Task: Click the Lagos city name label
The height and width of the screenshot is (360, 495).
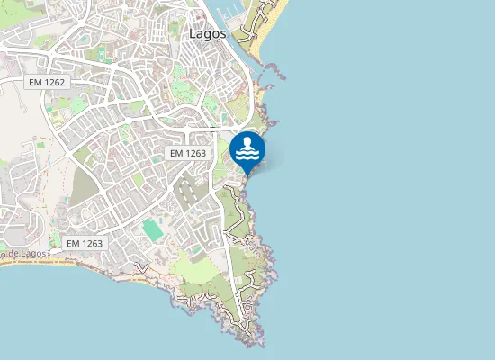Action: tap(208, 33)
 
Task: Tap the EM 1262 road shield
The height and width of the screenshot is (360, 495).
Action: tap(48, 82)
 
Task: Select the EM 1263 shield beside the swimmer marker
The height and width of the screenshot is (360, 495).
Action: tap(188, 153)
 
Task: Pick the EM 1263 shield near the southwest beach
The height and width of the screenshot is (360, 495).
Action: tap(85, 243)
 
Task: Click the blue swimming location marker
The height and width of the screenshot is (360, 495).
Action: tap(247, 149)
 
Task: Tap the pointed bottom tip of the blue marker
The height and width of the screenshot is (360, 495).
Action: tap(247, 174)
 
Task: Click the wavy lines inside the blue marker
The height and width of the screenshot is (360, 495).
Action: tap(247, 156)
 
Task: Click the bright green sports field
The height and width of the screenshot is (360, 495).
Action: tap(153, 230)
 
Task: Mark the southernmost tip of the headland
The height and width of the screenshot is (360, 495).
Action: tap(261, 346)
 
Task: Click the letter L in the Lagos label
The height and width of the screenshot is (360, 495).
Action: tap(193, 33)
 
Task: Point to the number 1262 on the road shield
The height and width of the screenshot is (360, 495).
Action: tap(57, 82)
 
